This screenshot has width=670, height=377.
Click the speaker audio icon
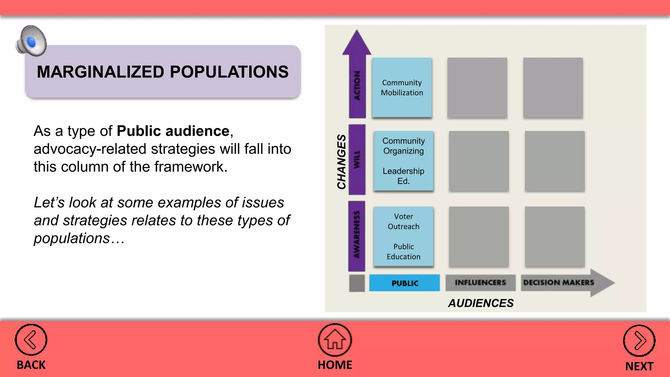click(x=31, y=41)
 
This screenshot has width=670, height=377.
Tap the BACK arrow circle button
click(x=31, y=340)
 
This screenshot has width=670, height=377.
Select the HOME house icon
click(x=335, y=340)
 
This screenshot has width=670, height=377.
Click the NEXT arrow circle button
click(x=639, y=341)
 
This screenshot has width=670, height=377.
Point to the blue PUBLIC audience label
click(x=405, y=283)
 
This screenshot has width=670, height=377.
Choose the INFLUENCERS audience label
click(x=480, y=282)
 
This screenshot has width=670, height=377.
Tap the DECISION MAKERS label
click(x=558, y=282)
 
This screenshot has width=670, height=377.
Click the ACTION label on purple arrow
click(x=357, y=86)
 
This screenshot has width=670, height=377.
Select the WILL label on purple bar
click(x=357, y=159)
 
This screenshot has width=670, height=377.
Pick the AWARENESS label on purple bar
click(x=357, y=234)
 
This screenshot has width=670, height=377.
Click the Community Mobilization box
click(x=402, y=88)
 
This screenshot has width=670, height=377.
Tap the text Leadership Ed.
click(x=403, y=176)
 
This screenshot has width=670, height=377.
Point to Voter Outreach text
click(x=403, y=222)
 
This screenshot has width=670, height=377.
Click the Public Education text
click(x=403, y=252)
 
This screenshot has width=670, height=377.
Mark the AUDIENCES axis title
click(x=481, y=303)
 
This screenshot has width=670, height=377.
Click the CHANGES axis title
click(x=341, y=161)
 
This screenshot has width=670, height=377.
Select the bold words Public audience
click(x=173, y=131)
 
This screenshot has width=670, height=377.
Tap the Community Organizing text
click(x=403, y=146)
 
